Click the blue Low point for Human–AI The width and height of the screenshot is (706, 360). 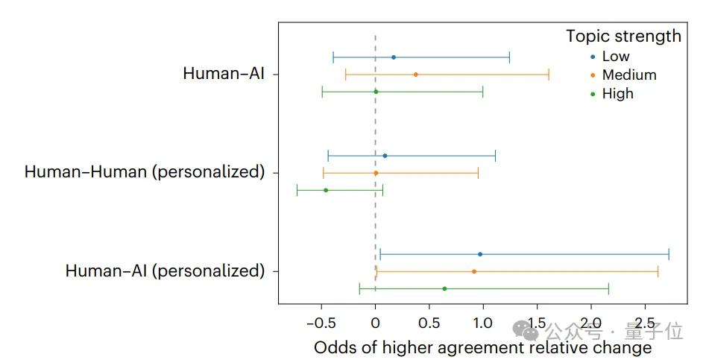click(394, 57)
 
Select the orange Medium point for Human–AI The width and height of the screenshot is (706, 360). click(415, 75)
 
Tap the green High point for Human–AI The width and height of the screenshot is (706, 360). click(376, 92)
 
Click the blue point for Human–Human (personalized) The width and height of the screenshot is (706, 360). click(385, 156)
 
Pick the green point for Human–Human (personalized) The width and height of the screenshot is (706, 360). click(326, 190)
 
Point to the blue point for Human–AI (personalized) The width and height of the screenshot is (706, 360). click(480, 254)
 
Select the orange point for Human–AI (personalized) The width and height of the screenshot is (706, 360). click(474, 271)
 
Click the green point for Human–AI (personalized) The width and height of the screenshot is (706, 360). click(444, 288)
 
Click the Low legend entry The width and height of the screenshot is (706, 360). click(616, 57)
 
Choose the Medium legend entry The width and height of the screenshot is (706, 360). click(629, 75)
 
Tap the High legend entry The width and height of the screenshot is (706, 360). click(617, 93)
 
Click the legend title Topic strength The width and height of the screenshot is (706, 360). click(623, 36)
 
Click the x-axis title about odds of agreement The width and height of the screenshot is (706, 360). click(482, 347)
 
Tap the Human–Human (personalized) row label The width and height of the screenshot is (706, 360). click(145, 172)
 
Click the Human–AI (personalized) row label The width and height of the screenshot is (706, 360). click(165, 271)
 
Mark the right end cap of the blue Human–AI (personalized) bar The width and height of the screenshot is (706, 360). click(669, 254)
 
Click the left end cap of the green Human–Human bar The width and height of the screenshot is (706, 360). click(297, 190)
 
